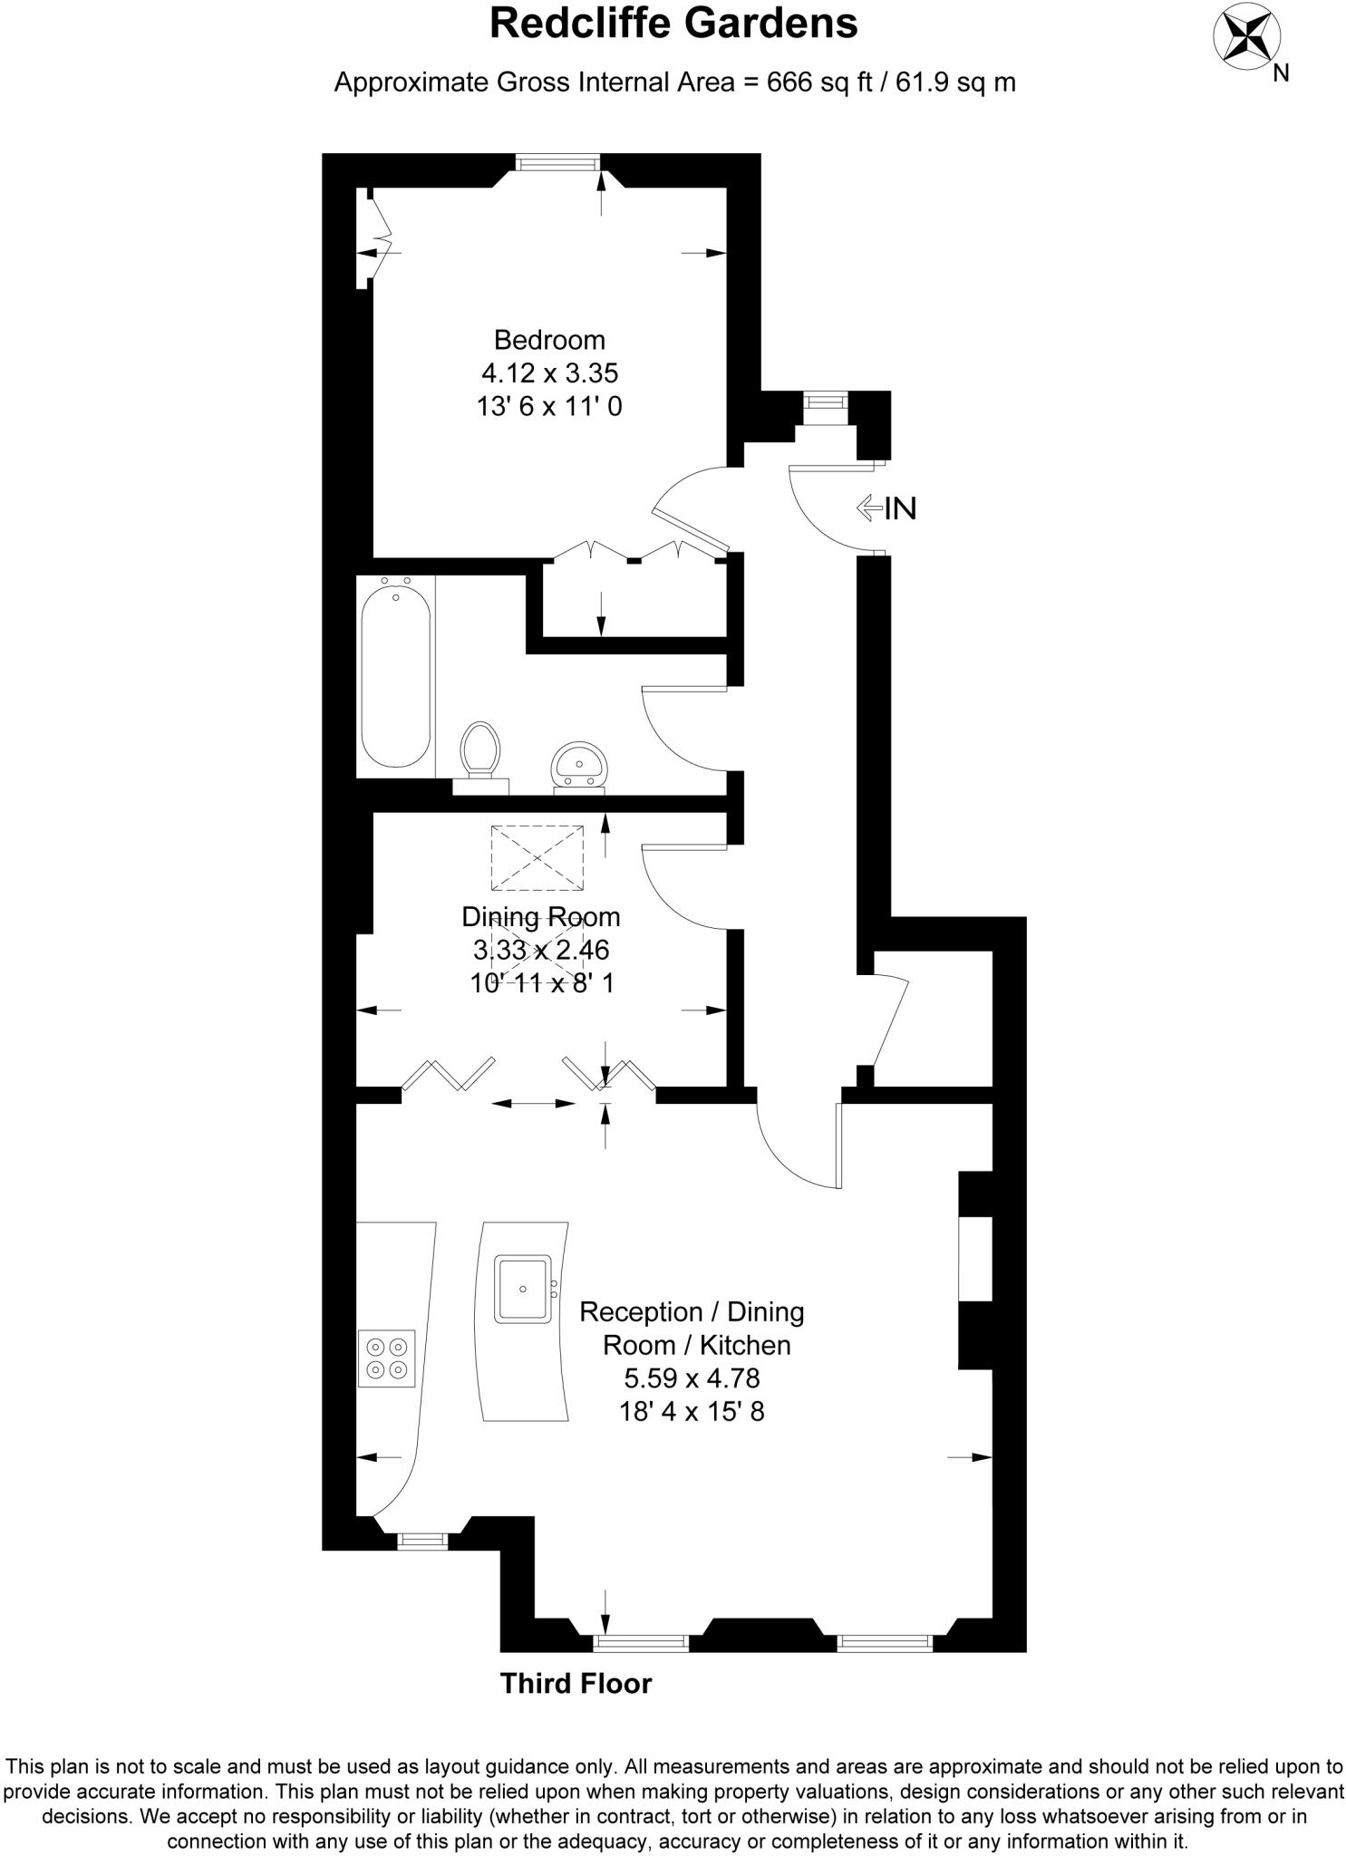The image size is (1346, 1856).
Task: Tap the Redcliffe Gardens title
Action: [x=673, y=24]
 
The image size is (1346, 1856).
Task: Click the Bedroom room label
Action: [x=549, y=340]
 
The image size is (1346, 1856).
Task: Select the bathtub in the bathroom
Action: [x=395, y=675]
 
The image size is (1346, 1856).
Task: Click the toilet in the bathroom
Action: [x=479, y=749]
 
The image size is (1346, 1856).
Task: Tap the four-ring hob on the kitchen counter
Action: [x=386, y=1358]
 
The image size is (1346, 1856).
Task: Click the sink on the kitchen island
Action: [x=523, y=1288]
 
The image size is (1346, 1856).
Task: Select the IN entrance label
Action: [x=899, y=508]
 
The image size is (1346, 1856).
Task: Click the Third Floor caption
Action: [x=576, y=1684]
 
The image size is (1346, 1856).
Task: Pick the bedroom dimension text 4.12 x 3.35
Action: [x=549, y=372]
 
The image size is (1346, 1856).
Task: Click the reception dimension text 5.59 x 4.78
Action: [x=691, y=1378]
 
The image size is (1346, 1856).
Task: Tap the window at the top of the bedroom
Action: [x=557, y=162]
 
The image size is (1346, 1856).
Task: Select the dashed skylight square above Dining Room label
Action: [x=537, y=857]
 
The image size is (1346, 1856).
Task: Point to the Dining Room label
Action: [x=541, y=917]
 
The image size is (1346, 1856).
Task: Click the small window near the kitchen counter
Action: [x=422, y=1539]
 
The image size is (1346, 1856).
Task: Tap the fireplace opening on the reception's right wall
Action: [x=975, y=1259]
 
